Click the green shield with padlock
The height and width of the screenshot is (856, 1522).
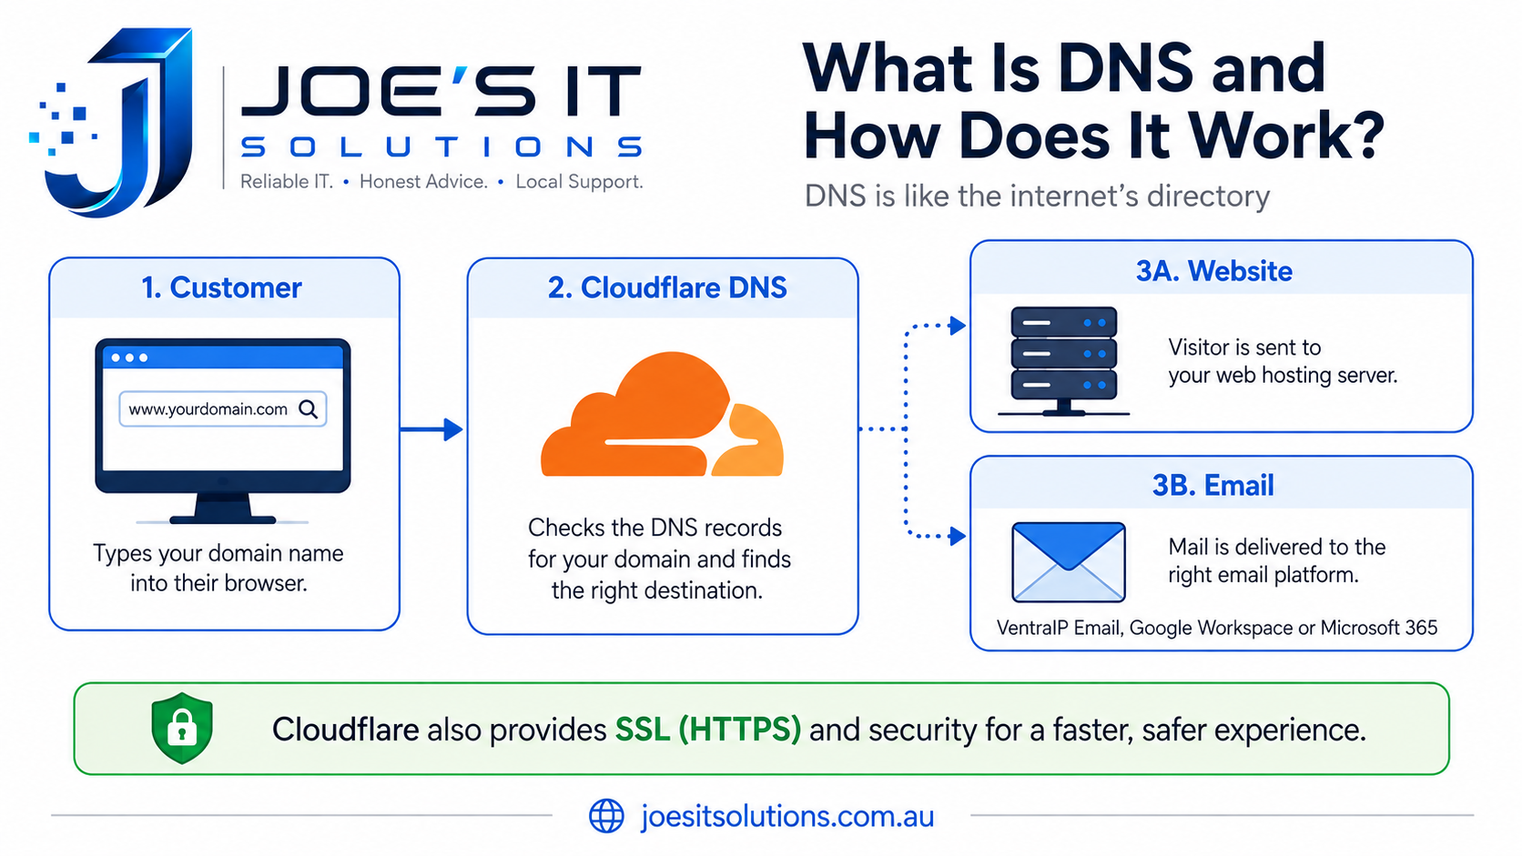tap(181, 728)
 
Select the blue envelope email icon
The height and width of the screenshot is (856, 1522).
tap(1068, 562)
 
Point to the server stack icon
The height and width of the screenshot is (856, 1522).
tap(1064, 360)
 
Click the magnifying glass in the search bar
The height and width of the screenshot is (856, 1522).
tap(309, 408)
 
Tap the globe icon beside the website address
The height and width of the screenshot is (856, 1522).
tap(606, 815)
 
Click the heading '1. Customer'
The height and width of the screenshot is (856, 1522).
tap(221, 287)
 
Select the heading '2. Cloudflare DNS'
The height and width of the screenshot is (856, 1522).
tap(667, 287)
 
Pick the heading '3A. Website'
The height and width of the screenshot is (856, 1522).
tap(1214, 271)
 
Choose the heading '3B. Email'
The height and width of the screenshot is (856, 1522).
tap(1213, 486)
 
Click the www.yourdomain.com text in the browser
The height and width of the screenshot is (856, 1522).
tap(208, 409)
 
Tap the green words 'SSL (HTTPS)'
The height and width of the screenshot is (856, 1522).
tap(708, 730)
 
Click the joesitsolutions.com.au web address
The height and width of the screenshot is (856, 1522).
tap(787, 816)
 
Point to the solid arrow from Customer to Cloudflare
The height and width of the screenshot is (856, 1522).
tap(431, 429)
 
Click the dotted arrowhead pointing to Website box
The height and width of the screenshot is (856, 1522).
tap(958, 326)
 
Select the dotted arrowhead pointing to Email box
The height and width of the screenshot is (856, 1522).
tap(958, 537)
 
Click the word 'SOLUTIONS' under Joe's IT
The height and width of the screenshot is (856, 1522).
tap(441, 146)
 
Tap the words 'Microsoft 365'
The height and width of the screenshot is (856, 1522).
tap(1379, 628)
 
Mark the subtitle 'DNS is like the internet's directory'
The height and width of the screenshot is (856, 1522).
tap(1037, 196)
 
